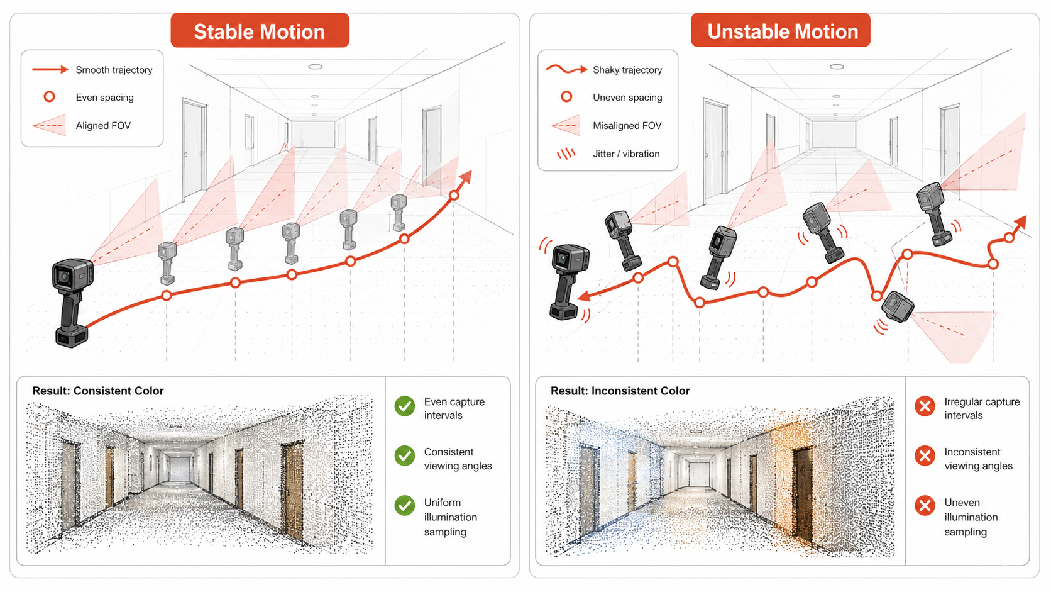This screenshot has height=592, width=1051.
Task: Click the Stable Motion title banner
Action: coord(260,31)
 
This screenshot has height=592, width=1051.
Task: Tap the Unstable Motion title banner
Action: coord(780,31)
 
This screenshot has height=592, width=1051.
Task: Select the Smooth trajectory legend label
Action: coord(114,70)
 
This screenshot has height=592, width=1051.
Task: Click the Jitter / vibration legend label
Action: coord(626,154)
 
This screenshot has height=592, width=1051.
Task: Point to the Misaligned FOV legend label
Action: coord(627,126)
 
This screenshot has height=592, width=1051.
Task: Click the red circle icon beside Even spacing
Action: coord(49,97)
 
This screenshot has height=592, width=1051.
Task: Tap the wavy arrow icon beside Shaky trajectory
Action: coord(566,69)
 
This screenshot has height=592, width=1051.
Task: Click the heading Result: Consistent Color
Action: coord(97,391)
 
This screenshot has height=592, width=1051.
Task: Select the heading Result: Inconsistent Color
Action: coord(620,391)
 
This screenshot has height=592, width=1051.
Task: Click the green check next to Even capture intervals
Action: coord(404,406)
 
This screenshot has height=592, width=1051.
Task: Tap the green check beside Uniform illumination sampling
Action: coord(404,506)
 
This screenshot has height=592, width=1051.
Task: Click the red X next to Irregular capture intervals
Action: coord(925,406)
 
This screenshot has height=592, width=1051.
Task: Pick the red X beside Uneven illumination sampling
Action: coord(925,506)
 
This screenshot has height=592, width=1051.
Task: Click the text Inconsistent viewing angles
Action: coord(978,459)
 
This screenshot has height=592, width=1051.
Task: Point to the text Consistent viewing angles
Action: coord(458,459)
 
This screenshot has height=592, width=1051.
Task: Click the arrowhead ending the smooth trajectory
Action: coord(465,178)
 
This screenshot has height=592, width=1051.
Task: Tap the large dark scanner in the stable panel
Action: coord(72,303)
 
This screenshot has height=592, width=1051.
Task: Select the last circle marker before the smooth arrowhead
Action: coord(454,195)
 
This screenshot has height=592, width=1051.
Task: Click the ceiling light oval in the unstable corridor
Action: coord(837,67)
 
